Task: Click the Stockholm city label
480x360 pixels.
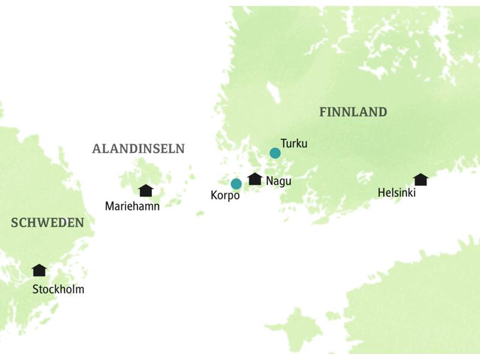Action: [x=59, y=290]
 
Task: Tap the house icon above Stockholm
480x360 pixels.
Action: [x=39, y=270]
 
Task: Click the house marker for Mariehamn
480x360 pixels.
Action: [x=145, y=191]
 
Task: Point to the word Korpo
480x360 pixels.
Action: [x=225, y=196]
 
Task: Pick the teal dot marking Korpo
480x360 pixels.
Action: [x=236, y=184]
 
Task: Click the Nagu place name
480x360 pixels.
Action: [x=278, y=181]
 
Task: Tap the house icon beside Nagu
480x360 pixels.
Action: [x=255, y=179]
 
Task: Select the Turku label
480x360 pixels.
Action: [x=294, y=143]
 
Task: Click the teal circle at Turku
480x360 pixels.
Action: [x=275, y=153]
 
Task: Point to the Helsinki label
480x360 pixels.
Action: [x=397, y=193]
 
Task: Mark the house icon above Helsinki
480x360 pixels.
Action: [x=421, y=179]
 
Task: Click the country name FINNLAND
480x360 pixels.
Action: [x=353, y=112]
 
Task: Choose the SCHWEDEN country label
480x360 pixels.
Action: [x=47, y=223]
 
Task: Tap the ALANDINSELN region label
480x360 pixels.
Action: [x=138, y=149]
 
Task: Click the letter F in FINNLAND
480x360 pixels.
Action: [x=323, y=112]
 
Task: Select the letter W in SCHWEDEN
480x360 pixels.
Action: [x=44, y=223]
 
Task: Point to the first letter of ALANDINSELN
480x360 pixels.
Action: [x=96, y=149]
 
